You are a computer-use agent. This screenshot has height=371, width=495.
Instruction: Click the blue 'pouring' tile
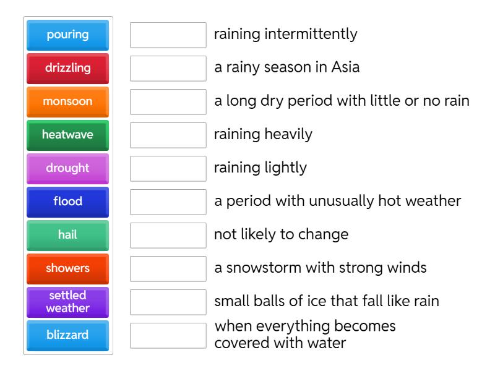tap(67, 35)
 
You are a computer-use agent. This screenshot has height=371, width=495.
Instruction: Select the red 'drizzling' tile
tap(67, 68)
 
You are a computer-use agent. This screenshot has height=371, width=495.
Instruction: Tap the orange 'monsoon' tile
tap(67, 101)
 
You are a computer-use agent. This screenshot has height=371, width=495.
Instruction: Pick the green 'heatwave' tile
tap(67, 135)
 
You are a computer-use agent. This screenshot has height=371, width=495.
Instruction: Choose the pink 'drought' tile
tap(67, 168)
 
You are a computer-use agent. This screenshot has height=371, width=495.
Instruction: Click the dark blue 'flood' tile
tap(67, 202)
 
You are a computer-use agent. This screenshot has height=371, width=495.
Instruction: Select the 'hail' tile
tap(67, 235)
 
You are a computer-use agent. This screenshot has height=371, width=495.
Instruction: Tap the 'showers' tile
tap(67, 268)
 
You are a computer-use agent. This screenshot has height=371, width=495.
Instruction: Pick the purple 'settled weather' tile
tap(67, 302)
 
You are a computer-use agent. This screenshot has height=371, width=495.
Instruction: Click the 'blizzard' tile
tap(67, 335)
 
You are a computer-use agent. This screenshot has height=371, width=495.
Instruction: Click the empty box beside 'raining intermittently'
tap(168, 35)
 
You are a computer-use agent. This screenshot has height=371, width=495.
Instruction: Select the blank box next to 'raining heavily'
tap(168, 135)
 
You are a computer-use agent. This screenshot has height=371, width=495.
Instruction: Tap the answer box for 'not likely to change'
tap(168, 235)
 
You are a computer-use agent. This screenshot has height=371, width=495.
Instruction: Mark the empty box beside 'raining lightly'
tap(168, 168)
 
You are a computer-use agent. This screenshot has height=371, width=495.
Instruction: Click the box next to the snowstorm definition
tap(168, 268)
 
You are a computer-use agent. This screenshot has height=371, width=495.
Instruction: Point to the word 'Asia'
tap(345, 67)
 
